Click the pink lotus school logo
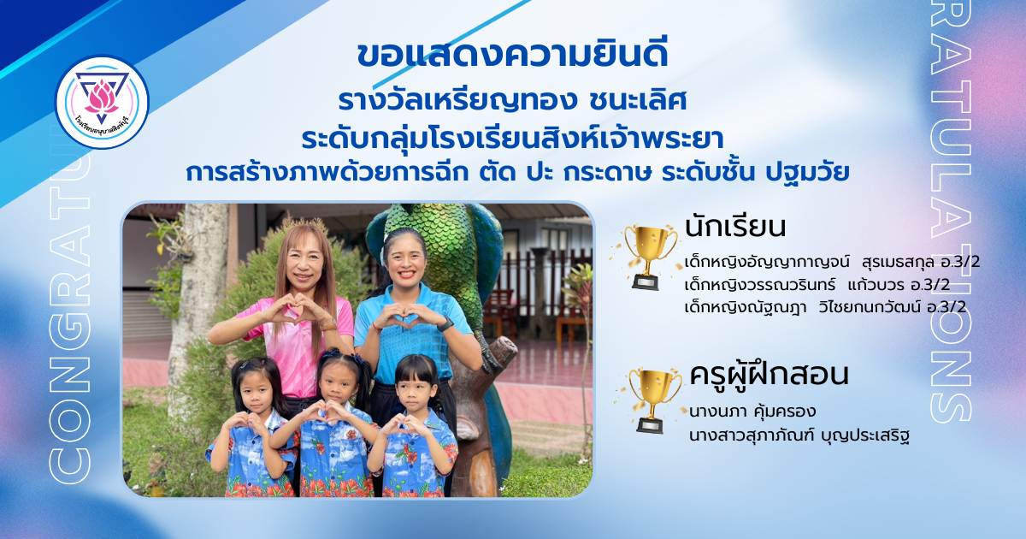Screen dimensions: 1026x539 [102, 102]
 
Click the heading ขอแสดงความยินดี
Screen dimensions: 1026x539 [512, 55]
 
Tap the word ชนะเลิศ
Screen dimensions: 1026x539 [638, 101]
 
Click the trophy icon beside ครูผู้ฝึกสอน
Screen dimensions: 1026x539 [652, 400]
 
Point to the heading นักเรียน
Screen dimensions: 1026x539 [735, 227]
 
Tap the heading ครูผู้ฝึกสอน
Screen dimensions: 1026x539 [769, 376]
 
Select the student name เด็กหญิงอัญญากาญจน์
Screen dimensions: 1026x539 [767, 263]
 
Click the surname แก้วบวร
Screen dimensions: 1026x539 [876, 285]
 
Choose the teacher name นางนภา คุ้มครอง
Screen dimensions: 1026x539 [752, 412]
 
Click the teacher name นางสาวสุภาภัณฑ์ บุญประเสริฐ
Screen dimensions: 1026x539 [799, 435]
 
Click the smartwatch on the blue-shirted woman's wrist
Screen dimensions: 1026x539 [445, 325]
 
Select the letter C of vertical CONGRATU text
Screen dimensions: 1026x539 [69, 465]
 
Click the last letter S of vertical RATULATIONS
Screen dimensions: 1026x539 [951, 403]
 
